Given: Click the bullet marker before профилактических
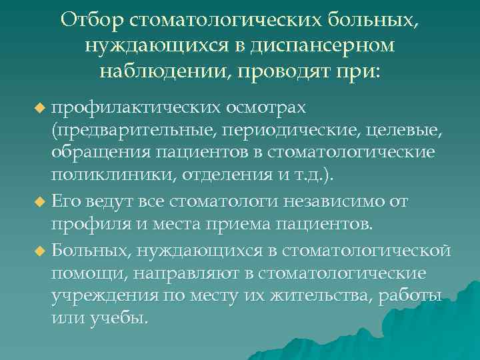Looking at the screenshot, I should (x=40, y=108).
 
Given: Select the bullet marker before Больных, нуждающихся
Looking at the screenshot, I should (x=40, y=251).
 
